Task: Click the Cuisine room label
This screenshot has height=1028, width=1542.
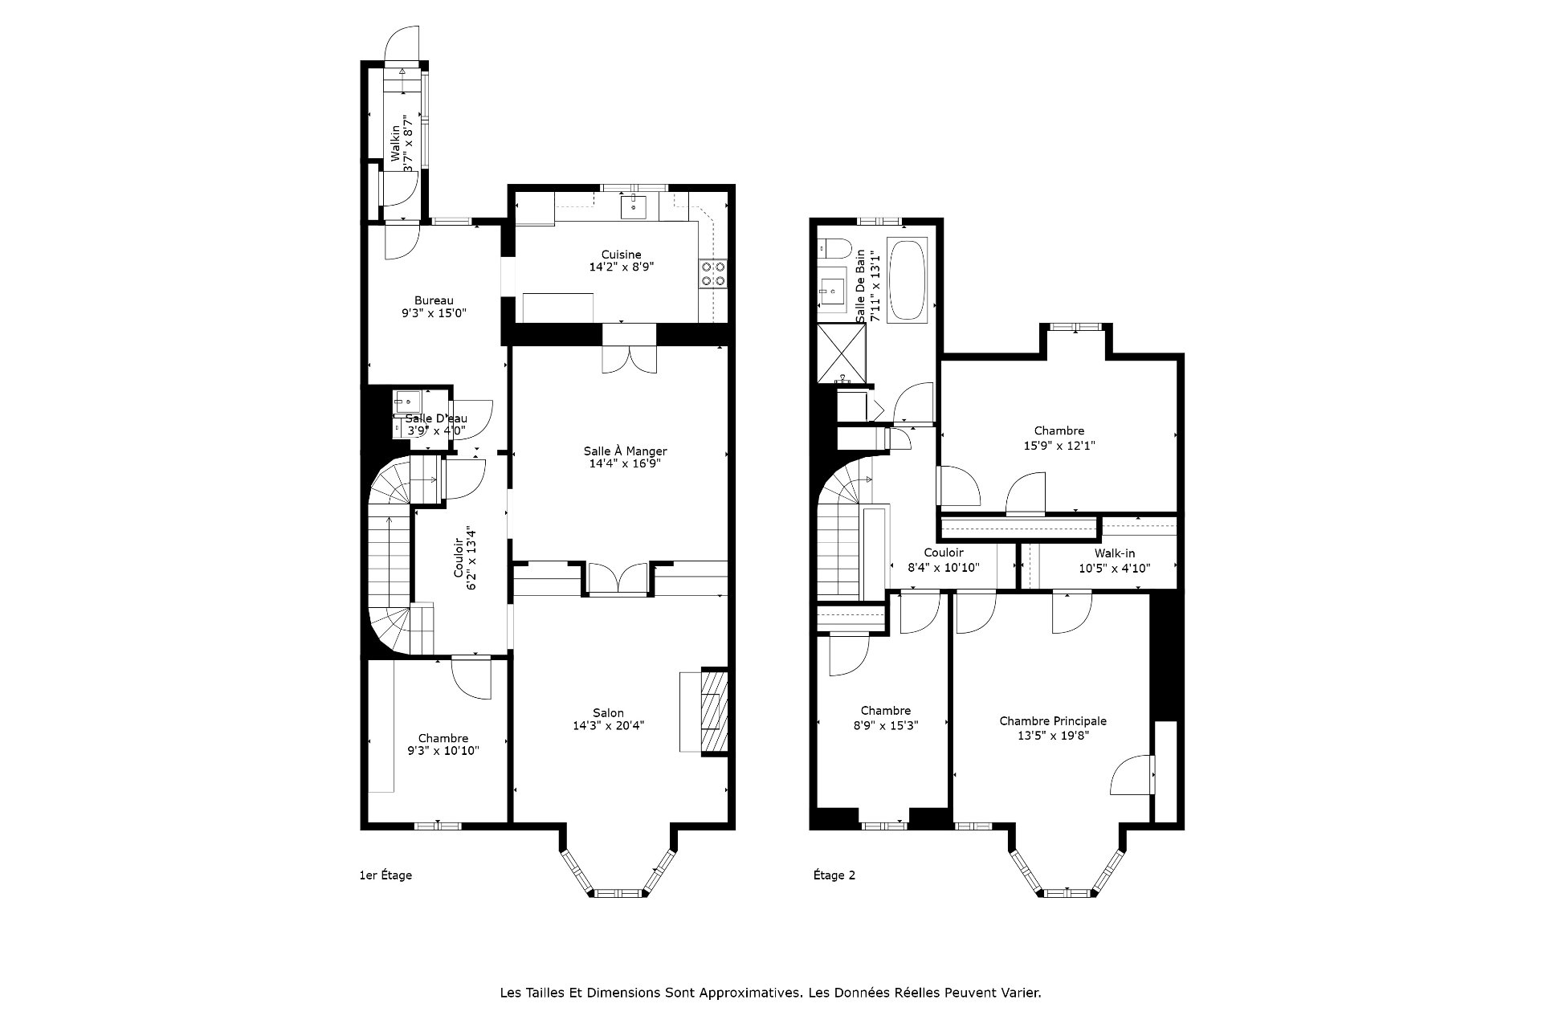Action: coord(621,255)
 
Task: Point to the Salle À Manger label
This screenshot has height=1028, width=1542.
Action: coord(625,451)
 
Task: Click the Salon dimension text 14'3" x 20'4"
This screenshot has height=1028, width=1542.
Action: coord(608,725)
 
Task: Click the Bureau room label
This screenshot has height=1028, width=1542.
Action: coord(434,300)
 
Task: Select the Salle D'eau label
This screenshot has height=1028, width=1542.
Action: coord(436,418)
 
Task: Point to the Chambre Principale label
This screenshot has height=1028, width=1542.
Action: coord(1053,721)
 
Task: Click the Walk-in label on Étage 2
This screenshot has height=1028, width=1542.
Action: coord(1114,553)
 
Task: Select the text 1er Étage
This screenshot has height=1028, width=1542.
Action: coord(385,875)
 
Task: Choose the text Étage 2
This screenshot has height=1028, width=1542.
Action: coord(834,875)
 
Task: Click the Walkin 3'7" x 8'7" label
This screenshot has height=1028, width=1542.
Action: coord(402,143)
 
